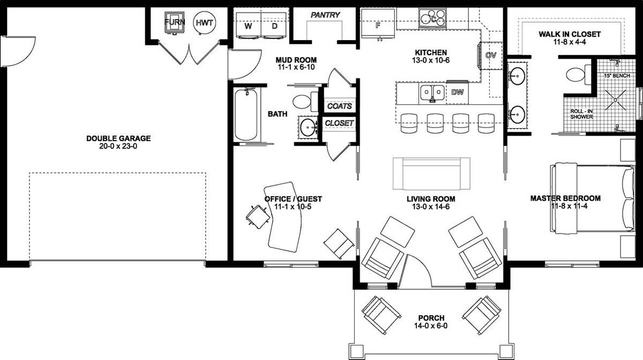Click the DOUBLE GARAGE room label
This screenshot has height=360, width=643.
click(118, 138)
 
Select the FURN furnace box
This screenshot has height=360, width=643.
click(175, 22)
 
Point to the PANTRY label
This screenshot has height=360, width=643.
click(325, 15)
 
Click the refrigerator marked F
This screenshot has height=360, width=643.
click(378, 25)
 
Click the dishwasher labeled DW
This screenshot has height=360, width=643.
click(457, 92)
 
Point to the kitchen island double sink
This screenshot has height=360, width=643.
click(432, 92)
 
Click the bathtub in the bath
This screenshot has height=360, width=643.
click(247, 115)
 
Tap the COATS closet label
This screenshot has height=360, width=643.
click(340, 106)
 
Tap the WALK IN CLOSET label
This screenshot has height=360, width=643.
click(570, 34)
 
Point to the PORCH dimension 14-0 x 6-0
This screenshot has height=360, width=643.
click(431, 326)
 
